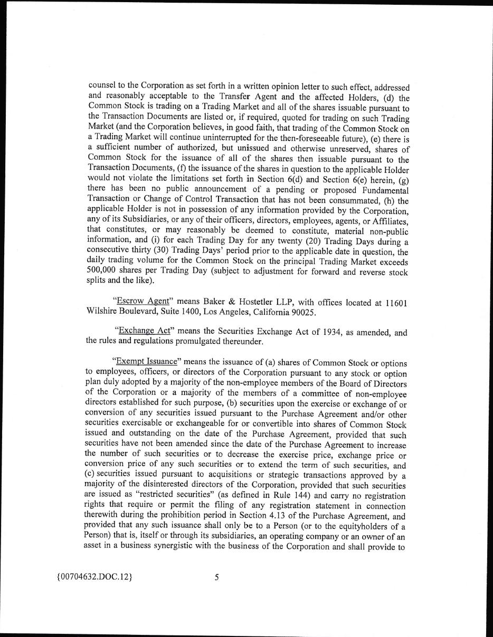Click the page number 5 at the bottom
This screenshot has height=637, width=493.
click(216, 577)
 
